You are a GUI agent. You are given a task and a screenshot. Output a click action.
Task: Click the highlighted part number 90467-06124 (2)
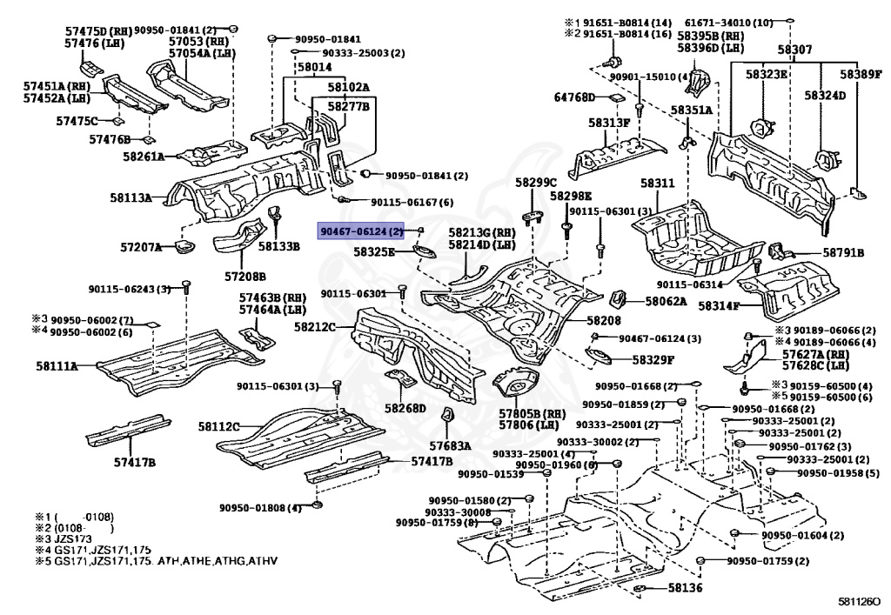362,232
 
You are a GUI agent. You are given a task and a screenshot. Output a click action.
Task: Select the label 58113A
131,198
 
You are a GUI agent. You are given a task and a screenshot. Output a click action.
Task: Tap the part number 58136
685,589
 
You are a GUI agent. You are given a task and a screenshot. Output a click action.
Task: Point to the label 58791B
842,253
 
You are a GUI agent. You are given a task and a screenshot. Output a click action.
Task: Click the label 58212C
316,328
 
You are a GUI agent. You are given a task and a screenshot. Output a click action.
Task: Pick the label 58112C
218,426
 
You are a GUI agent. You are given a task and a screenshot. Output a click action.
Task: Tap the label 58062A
666,302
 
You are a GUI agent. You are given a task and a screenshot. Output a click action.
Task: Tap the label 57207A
141,248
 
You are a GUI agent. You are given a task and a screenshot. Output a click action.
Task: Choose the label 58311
658,184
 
